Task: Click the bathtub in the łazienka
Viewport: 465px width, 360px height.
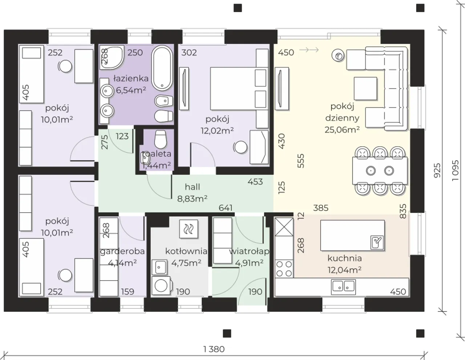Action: coord(162,68)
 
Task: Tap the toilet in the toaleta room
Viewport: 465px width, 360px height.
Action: coord(161,139)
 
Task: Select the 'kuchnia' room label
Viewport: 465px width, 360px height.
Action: coord(344,258)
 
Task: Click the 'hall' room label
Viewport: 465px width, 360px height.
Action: coord(193,187)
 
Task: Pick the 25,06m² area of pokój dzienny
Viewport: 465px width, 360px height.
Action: coord(342,130)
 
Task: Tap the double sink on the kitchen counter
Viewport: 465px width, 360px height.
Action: coord(343,287)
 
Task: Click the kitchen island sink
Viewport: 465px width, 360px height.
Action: coord(377,243)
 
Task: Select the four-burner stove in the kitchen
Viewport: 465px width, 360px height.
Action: coord(284,269)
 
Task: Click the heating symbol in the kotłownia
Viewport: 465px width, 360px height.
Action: coord(189,229)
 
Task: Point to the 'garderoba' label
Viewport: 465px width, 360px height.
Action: coord(122,251)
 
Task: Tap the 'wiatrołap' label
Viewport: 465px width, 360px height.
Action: coord(249,251)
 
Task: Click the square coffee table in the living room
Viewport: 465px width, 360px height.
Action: coord(365,89)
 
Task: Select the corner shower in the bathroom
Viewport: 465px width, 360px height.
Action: coord(112,57)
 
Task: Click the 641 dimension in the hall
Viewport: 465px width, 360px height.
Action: coord(226,208)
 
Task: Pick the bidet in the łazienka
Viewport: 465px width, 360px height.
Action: coord(164,101)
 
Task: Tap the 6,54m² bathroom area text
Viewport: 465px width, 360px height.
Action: coord(131,90)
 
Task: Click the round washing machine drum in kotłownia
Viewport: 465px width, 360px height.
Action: coord(161,286)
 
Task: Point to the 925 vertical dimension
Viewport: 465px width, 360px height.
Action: coord(437,171)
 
